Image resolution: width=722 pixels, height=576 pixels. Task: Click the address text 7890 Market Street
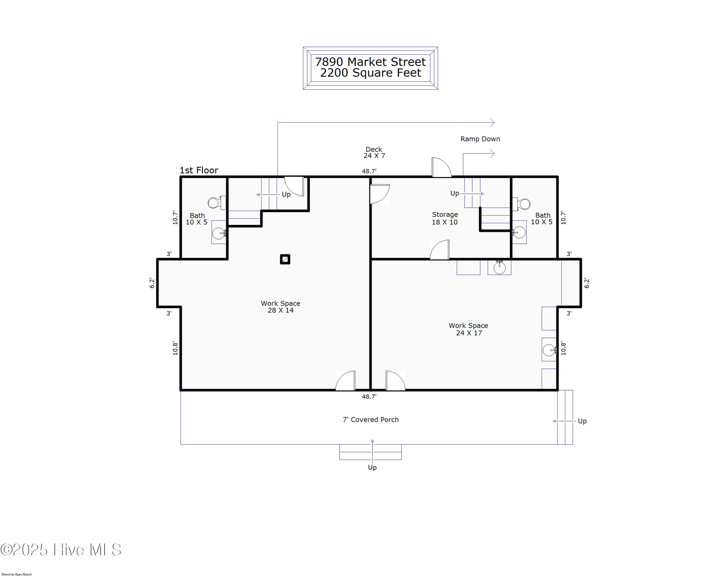[x=370, y=62]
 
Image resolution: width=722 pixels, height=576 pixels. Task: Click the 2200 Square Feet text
[x=370, y=73]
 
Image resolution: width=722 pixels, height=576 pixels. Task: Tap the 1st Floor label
[x=199, y=170]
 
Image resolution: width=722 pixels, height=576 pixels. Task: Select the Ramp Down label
[x=480, y=139]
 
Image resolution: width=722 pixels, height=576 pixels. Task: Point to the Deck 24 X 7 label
[x=374, y=152]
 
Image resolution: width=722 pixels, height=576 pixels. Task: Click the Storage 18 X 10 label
[x=445, y=218]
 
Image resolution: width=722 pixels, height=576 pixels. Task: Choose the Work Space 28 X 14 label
[x=281, y=307]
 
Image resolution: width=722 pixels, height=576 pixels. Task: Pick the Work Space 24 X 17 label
[x=469, y=329]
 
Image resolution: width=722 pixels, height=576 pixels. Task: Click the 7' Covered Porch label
[x=371, y=420]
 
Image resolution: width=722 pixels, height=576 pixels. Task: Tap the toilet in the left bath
[x=217, y=203]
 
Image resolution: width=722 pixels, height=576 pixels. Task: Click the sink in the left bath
[x=219, y=233]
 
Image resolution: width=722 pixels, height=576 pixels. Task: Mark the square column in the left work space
[x=285, y=259]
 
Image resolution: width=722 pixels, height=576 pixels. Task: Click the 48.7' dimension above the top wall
[x=369, y=171]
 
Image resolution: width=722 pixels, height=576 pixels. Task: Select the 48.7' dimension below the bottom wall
[x=369, y=396]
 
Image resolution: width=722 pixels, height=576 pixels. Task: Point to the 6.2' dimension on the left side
[x=152, y=283]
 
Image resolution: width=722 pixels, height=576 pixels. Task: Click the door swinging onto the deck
[x=441, y=167]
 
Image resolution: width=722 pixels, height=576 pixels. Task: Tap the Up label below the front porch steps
[x=372, y=467]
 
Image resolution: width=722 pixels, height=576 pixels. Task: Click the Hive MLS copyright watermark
[x=61, y=550]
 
